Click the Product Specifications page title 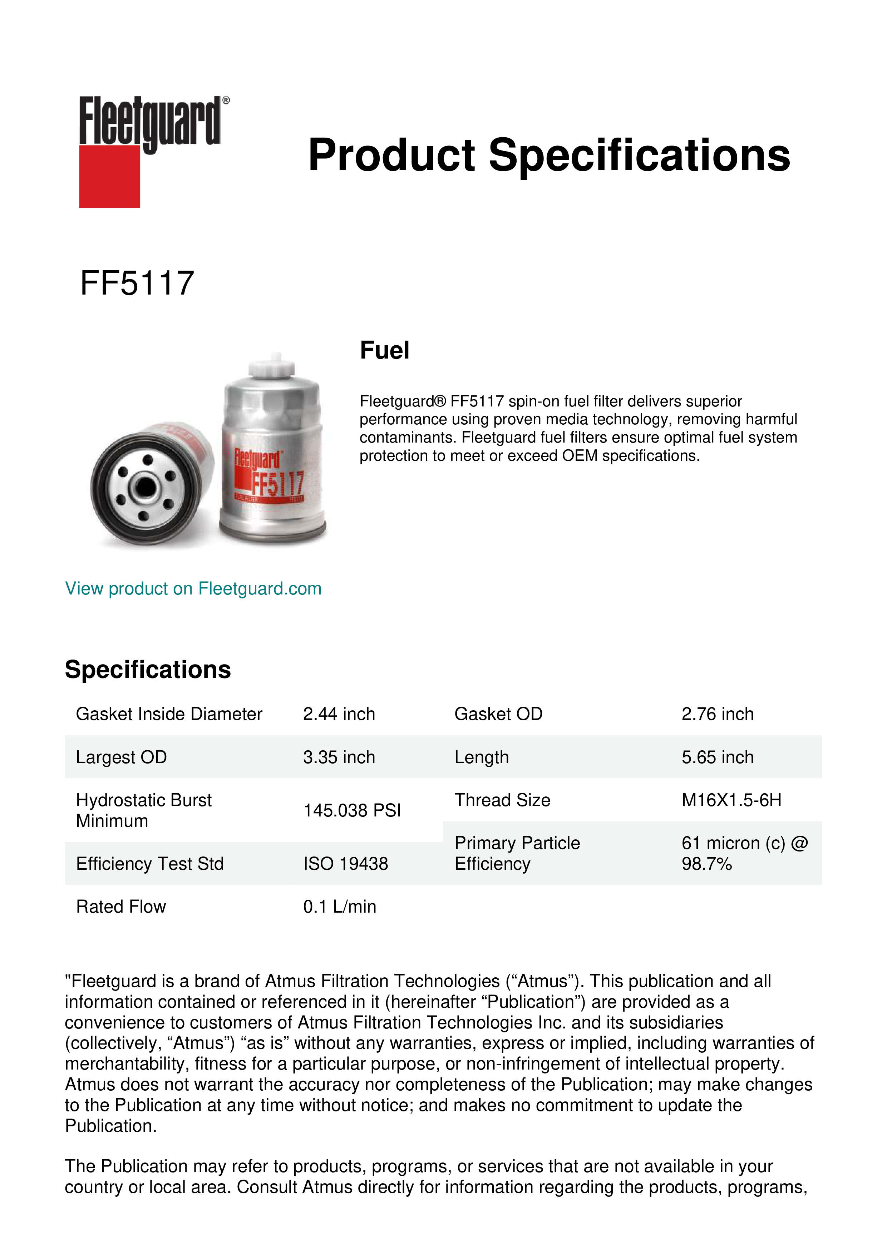pos(549,155)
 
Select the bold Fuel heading pos(385,350)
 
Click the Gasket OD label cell pos(498,714)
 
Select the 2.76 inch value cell pos(717,714)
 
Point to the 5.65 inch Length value pos(717,757)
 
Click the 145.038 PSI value pos(352,810)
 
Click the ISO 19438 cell pos(346,864)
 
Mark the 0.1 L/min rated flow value pos(340,907)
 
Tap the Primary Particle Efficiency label pos(517,853)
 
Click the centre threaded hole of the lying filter pos(145,487)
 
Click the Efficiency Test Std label pos(150,864)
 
